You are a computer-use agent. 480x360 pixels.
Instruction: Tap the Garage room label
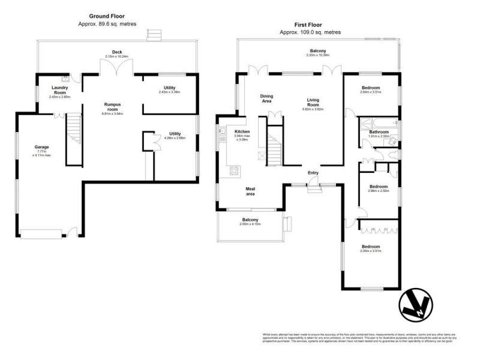coord(41,147)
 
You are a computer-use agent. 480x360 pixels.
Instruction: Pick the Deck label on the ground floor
coord(117,52)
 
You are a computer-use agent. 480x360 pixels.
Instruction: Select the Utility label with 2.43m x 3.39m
coord(169,88)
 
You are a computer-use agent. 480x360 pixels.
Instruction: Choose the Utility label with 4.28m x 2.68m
coord(175,134)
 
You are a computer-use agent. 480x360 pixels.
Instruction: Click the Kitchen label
coord(242,131)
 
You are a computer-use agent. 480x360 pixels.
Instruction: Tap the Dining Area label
coord(266,98)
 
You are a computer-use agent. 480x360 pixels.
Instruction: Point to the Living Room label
coord(312,103)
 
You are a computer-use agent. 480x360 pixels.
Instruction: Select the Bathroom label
coord(379,132)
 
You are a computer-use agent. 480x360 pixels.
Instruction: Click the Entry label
coord(313,173)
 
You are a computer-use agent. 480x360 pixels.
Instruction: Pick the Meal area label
coord(251,191)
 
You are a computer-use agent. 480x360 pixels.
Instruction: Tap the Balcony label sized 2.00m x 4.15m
coord(250,220)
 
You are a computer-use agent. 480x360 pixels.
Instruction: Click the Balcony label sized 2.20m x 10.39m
coord(318,51)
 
